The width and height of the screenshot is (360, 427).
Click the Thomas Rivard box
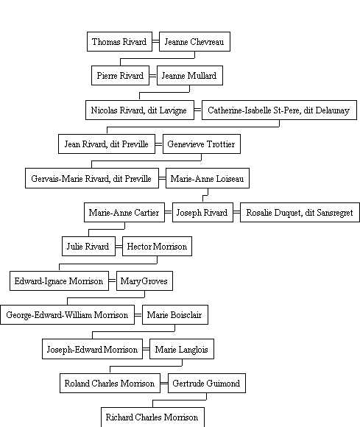[x=119, y=42]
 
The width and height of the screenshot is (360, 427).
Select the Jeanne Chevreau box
[x=194, y=42]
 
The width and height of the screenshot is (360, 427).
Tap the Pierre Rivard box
[x=120, y=75]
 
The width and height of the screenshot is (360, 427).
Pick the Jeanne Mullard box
[x=190, y=75]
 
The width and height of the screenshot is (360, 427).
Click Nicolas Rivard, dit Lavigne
[x=140, y=110]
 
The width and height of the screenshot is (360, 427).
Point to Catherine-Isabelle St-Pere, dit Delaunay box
[x=279, y=110]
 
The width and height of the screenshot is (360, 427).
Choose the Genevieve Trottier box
[x=202, y=144]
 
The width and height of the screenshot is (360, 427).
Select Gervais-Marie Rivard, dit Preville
[x=92, y=178]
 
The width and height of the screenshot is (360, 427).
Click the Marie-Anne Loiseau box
[x=208, y=178]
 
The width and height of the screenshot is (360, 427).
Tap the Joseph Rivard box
[x=202, y=213]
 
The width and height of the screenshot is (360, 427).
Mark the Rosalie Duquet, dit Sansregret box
[x=300, y=213]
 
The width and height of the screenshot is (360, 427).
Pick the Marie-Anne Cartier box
[x=124, y=213]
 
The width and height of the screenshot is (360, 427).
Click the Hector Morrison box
[x=157, y=247]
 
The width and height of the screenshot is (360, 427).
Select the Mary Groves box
[x=144, y=280]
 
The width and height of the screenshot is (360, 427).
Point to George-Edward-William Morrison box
[x=67, y=315]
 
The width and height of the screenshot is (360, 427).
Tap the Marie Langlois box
[x=182, y=349]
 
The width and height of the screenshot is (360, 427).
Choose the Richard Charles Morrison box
[x=152, y=417]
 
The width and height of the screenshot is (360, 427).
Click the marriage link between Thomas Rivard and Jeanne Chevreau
[x=156, y=42]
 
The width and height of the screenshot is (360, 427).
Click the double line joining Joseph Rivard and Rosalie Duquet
[x=236, y=213]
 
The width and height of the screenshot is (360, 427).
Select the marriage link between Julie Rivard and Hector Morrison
[x=119, y=247]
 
